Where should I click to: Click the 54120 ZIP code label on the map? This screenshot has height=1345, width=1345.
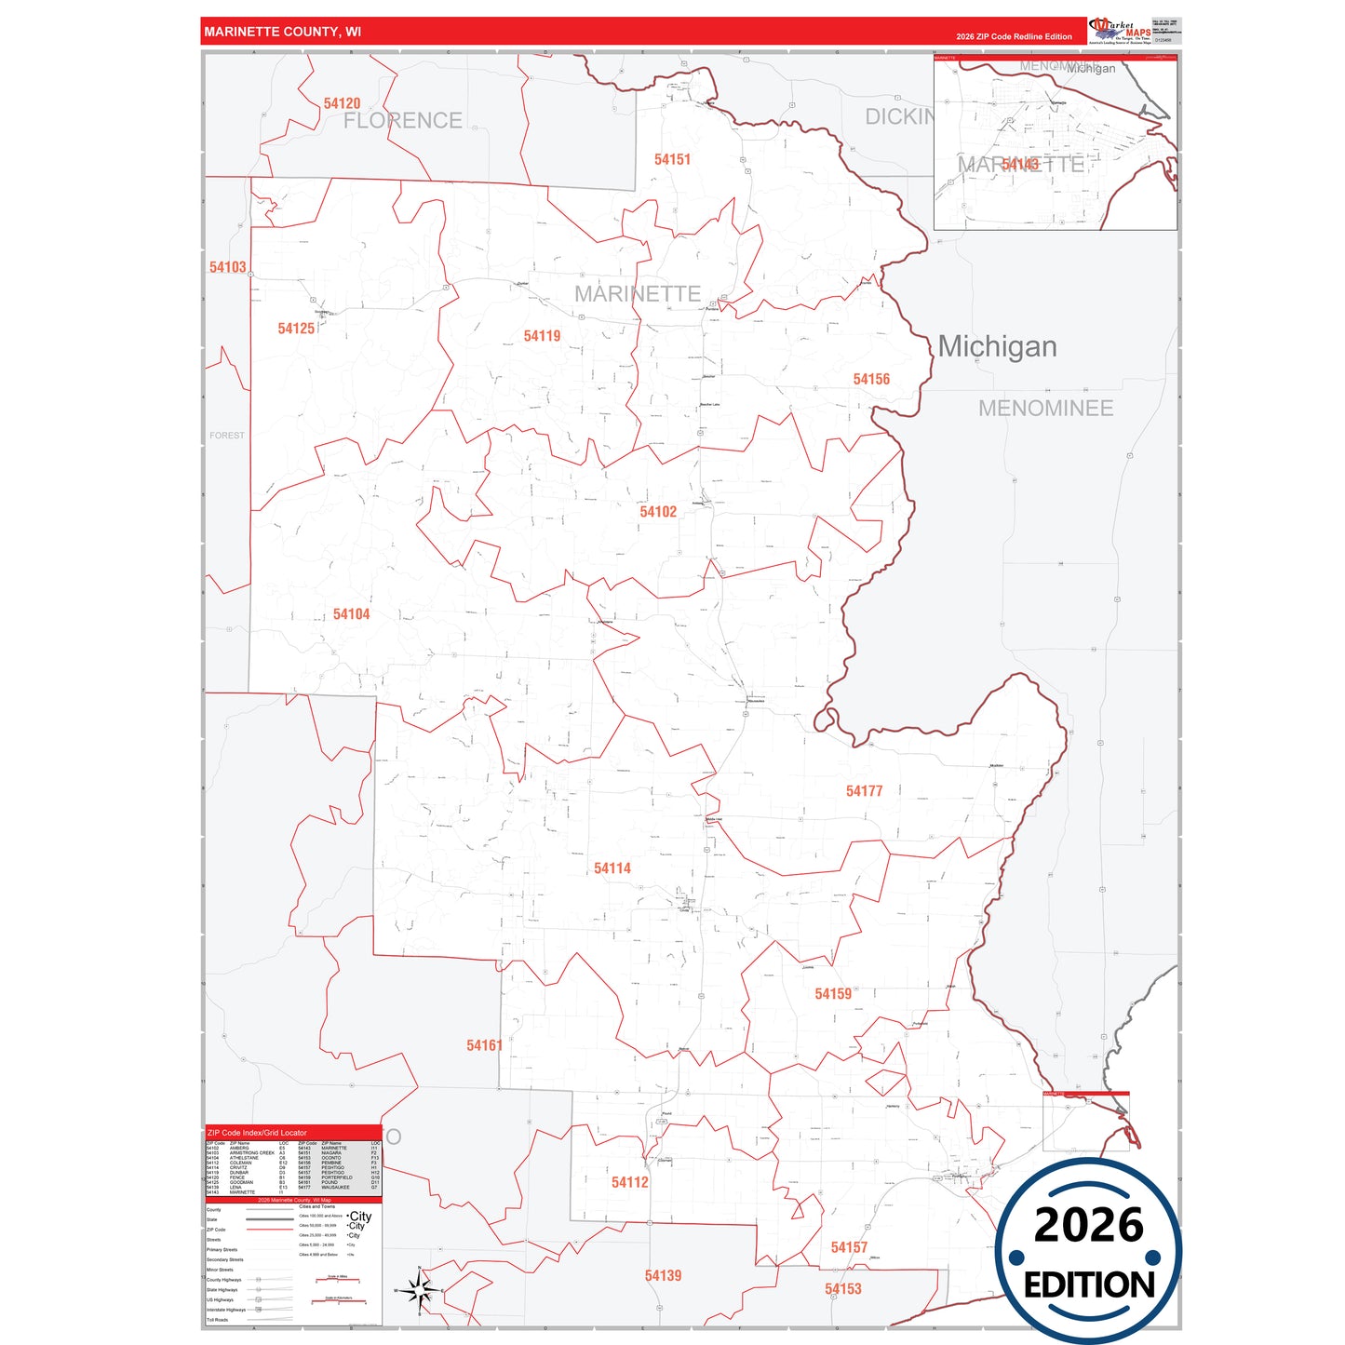(342, 103)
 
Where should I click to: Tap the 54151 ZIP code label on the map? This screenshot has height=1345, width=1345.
(672, 159)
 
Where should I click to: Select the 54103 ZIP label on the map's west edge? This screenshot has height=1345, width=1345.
(228, 267)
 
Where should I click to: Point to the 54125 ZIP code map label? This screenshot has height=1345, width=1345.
(296, 329)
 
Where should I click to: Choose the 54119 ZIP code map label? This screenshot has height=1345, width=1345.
(542, 336)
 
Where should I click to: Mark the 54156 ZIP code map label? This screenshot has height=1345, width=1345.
(871, 379)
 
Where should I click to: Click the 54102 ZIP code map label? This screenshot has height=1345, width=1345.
(658, 512)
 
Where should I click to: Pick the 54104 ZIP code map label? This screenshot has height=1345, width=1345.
(351, 614)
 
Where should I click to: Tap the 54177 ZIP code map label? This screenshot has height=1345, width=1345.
(864, 791)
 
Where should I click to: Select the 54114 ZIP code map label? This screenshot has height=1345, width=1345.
(612, 868)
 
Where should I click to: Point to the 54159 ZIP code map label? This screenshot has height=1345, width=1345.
(833, 994)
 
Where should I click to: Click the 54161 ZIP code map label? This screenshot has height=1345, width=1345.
(484, 1045)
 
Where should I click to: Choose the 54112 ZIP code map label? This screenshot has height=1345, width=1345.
(630, 1182)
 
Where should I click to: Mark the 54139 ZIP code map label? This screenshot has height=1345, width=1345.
(663, 1275)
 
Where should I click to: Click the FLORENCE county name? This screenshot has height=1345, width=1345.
(402, 121)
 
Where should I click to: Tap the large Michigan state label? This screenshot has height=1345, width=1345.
(997, 346)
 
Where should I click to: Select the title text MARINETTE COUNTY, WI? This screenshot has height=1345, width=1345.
(283, 32)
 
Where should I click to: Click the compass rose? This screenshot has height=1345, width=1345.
(419, 1291)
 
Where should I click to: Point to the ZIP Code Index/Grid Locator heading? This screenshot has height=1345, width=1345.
(257, 1133)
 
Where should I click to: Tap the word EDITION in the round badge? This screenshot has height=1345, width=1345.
(1089, 1285)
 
